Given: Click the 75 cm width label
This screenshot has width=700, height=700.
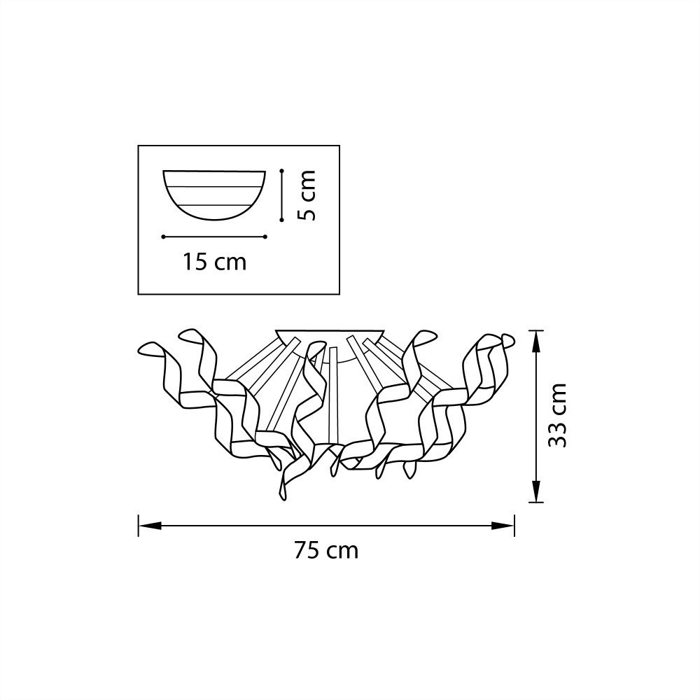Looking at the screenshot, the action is coord(326,550).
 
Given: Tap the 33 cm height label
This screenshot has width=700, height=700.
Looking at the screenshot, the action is coord(557,415).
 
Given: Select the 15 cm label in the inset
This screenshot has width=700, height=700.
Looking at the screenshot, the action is coord(214,262).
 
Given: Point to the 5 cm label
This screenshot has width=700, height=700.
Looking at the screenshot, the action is coord(307,195).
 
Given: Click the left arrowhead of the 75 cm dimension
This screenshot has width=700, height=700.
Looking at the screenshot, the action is coord(150,526).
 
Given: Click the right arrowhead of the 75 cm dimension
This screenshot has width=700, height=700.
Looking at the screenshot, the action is coord(503,526).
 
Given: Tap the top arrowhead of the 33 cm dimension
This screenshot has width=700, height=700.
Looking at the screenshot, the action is coord(535,342).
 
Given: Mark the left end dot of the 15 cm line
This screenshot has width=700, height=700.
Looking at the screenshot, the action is coord(163,237).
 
